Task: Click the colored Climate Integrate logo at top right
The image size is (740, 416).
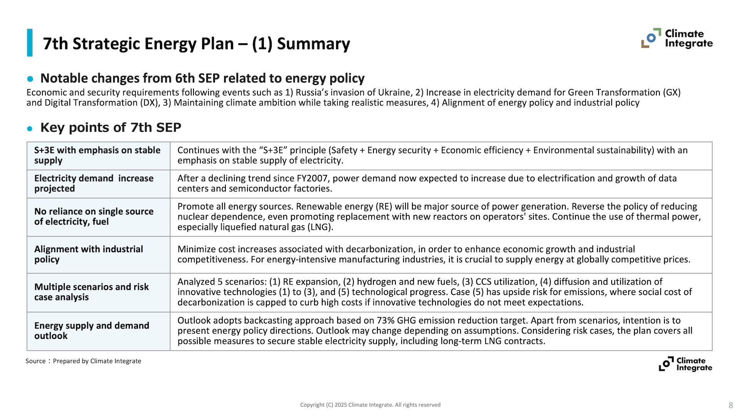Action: pos(677,38)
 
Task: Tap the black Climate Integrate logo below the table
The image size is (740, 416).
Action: pos(685,364)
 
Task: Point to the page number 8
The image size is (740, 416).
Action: pos(730,405)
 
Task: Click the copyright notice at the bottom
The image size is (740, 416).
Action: pos(370,405)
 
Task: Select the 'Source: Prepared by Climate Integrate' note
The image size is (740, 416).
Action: pos(83,361)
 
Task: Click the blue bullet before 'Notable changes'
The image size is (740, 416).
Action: pos(30,79)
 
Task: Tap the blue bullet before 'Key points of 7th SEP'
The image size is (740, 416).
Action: pos(30,128)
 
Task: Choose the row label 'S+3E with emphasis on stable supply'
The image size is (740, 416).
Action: pos(97,155)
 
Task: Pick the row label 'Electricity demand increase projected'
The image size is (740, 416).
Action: pos(94,183)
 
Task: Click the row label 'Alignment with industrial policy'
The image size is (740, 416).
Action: pos(89,254)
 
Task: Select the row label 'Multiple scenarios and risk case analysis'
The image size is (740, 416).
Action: pos(91,292)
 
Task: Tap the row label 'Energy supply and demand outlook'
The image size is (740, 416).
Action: pos(91,330)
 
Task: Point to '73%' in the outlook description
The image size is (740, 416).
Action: pos(385,320)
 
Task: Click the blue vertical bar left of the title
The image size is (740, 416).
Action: pos(30,43)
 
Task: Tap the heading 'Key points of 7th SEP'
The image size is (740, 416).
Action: pos(111,127)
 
